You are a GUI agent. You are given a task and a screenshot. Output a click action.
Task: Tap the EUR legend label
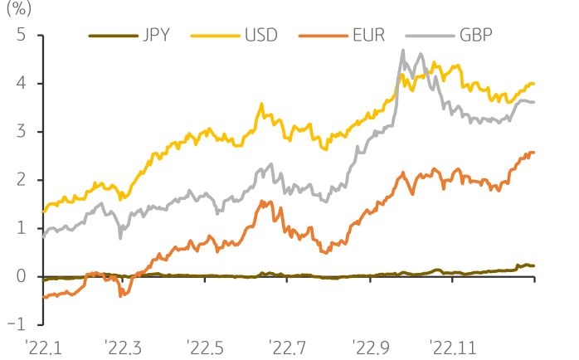[367, 36]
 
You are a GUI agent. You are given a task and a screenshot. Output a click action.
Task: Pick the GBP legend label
[475, 36]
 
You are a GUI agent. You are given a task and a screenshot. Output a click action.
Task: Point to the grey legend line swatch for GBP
[427, 36]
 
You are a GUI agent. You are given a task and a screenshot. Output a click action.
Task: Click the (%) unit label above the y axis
[18, 12]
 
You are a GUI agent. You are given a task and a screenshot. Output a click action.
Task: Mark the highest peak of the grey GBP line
[403, 51]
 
